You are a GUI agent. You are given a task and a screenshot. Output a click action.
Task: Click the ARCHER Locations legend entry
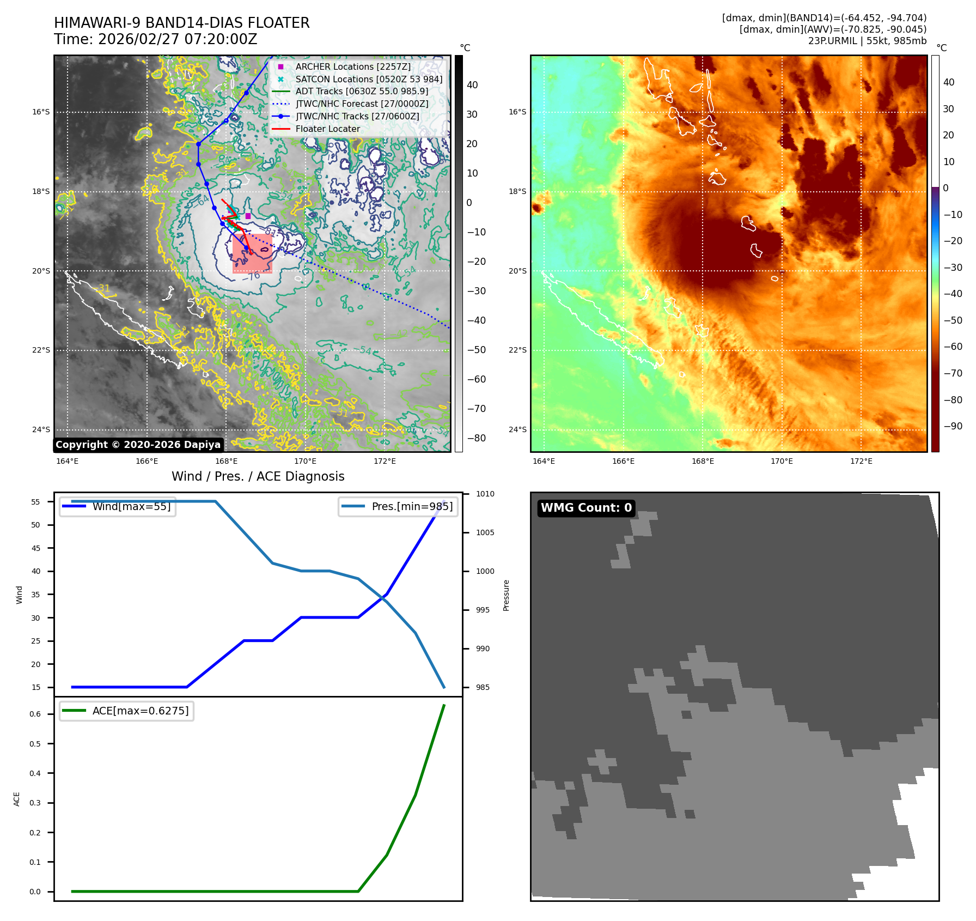pyautogui.click(x=353, y=66)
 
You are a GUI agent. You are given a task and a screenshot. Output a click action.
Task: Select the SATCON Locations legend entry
pyautogui.click(x=369, y=79)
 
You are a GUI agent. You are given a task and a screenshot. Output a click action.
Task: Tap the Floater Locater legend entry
pyautogui.click(x=327, y=129)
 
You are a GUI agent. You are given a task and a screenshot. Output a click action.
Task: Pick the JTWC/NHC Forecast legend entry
pyautogui.click(x=362, y=104)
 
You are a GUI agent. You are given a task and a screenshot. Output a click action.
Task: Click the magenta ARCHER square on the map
pyautogui.click(x=248, y=216)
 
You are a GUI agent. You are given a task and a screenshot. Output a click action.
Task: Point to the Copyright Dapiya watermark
pyautogui.click(x=138, y=445)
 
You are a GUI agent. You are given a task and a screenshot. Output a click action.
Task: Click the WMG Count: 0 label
pyautogui.click(x=586, y=508)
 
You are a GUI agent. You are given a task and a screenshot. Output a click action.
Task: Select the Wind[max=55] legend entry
pyautogui.click(x=131, y=506)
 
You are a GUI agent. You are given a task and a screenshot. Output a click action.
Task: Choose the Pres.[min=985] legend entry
pyautogui.click(x=412, y=506)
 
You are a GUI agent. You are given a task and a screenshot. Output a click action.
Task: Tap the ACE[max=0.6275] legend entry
pyautogui.click(x=140, y=711)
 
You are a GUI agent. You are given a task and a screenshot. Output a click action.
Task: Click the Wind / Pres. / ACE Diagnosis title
pyautogui.click(x=258, y=476)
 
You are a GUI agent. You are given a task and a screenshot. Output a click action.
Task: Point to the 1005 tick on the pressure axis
pyautogui.click(x=485, y=532)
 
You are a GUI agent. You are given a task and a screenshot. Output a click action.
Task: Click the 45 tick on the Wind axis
pyautogui.click(x=36, y=548)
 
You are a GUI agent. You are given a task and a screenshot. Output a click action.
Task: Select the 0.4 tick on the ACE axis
pyautogui.click(x=35, y=773)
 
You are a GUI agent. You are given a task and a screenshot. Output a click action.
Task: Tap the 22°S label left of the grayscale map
pyautogui.click(x=41, y=350)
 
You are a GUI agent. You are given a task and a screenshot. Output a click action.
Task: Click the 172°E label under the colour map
pyautogui.click(x=861, y=461)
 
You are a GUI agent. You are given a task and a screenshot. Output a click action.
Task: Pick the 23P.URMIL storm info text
pyautogui.click(x=867, y=41)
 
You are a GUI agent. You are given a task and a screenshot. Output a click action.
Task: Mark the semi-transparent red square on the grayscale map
pyautogui.click(x=252, y=253)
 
